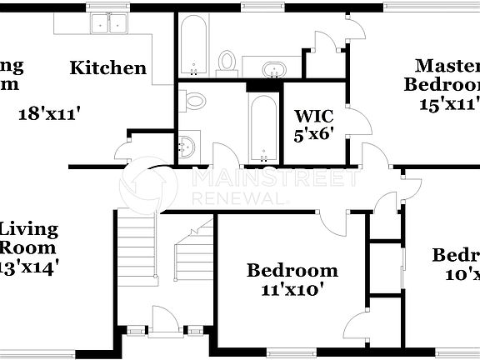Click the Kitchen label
(107, 68)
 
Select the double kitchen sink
(109, 23)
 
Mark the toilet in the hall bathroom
(195, 102)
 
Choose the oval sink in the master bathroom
(272, 69)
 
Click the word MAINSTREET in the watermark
(275, 177)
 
